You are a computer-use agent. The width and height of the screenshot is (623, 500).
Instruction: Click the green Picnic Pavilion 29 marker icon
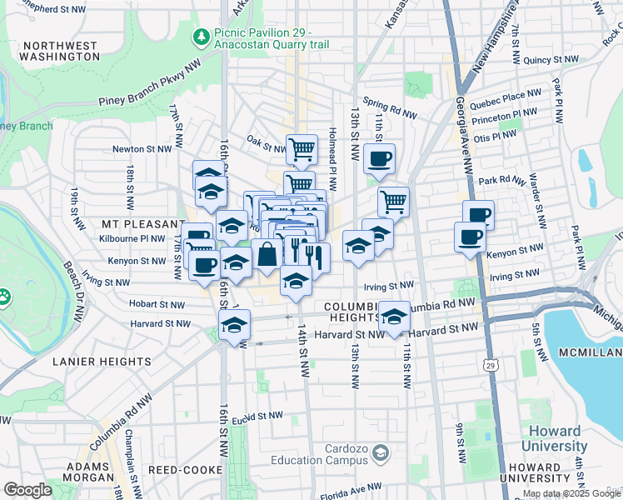click(x=201, y=37)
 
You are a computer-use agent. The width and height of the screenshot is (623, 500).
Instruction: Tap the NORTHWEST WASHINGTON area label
click(x=59, y=51)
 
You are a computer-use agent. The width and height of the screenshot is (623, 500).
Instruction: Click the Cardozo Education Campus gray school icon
click(x=381, y=452)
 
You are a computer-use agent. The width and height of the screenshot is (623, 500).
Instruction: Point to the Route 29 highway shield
click(x=491, y=364)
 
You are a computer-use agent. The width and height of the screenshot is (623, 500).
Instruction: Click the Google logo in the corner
click(x=27, y=489)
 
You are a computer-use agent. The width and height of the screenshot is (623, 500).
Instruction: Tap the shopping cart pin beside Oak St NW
click(x=302, y=149)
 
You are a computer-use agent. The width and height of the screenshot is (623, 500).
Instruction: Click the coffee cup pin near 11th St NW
click(x=379, y=158)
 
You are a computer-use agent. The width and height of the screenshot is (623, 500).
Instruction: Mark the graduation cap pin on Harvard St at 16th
click(x=235, y=324)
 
